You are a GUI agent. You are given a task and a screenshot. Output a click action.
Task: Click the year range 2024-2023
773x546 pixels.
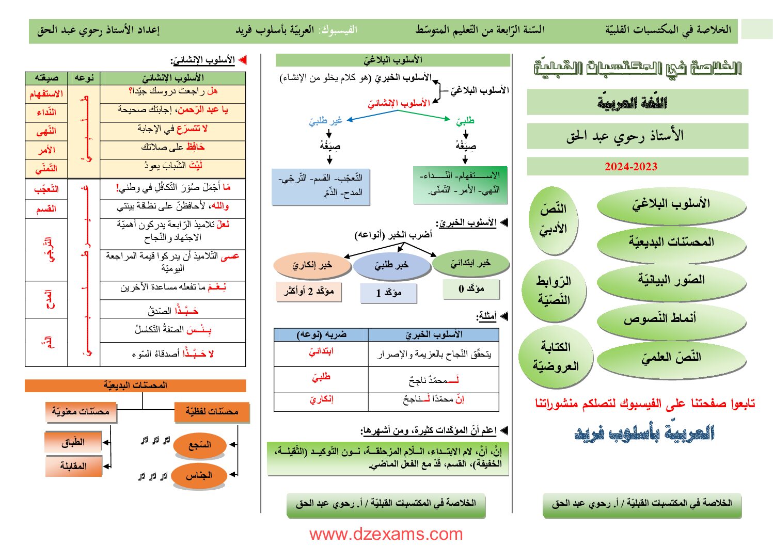tap(631, 167)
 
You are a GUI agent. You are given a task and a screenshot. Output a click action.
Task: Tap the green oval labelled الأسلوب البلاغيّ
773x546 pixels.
tap(671, 204)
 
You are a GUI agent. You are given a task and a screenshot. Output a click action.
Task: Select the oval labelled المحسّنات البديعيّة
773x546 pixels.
tap(671, 242)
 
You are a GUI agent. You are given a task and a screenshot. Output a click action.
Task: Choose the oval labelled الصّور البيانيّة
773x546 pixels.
tap(671, 280)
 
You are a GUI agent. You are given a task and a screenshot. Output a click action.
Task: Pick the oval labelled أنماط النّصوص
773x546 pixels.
tap(671, 319)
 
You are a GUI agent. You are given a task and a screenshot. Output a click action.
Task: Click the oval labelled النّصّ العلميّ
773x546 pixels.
tap(671, 358)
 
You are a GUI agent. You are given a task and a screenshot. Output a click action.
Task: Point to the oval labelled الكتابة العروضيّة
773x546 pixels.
tap(556, 357)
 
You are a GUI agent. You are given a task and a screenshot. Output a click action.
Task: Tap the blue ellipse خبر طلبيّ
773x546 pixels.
tap(391, 265)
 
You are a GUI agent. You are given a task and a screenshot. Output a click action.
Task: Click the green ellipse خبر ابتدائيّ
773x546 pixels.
tap(470, 264)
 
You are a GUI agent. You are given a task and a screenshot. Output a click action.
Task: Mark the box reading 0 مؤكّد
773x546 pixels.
tap(471, 289)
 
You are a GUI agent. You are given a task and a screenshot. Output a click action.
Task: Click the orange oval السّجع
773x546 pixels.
tap(199, 445)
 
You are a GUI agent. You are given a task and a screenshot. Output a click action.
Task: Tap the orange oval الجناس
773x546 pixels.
tap(199, 475)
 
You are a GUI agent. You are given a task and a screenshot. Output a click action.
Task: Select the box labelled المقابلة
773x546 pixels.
tap(73, 466)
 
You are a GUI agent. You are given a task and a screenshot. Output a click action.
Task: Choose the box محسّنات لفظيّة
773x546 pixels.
tap(212, 412)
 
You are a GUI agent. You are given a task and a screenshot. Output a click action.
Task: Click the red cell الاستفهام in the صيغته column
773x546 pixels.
tap(46, 94)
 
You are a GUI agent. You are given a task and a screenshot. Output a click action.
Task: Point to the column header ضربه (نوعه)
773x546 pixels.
tap(321, 335)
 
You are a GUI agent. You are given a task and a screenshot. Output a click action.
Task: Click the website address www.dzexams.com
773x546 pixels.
tap(386, 534)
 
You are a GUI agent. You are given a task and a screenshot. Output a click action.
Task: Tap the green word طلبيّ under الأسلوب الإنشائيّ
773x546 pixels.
tap(465, 121)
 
